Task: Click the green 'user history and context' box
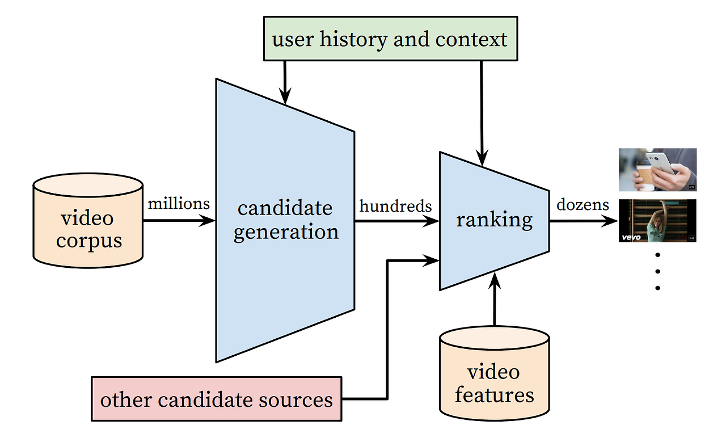(390, 39)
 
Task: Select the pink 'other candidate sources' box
(216, 399)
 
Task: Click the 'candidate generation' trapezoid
(285, 220)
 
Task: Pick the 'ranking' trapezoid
(494, 220)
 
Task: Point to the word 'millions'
(179, 203)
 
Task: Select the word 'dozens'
(583, 204)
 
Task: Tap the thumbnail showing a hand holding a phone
(657, 170)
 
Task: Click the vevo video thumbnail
(657, 221)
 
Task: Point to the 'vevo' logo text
(631, 237)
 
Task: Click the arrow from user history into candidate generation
(285, 82)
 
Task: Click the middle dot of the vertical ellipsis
(657, 271)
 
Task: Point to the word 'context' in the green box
(471, 40)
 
